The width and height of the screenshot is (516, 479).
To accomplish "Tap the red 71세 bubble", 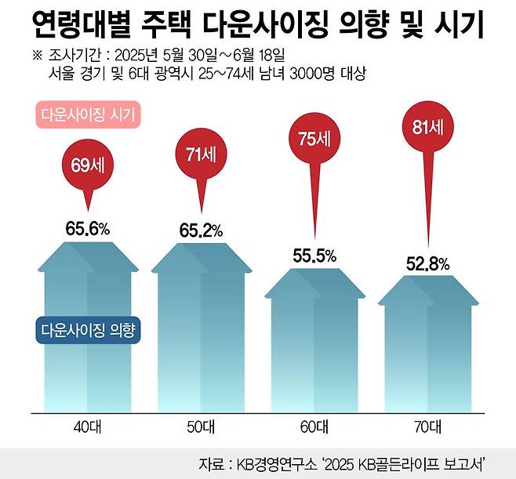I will pos(201,154).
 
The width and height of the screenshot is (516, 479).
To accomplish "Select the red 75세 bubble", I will pos(314,138).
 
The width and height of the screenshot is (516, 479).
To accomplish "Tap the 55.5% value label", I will pos(314,256).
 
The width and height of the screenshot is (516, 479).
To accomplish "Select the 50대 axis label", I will pos(202,426).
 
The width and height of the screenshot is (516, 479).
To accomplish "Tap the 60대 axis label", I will pos(314,426).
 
